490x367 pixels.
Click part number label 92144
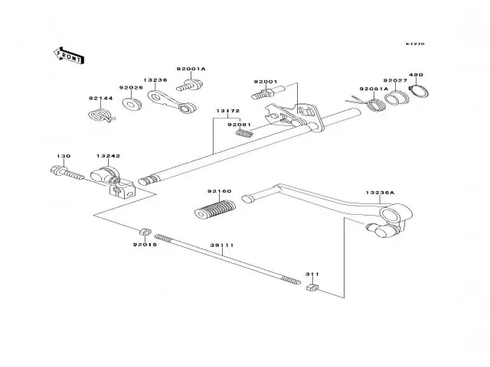(100, 99)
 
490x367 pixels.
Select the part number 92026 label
(130, 87)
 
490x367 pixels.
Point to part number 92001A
(191, 69)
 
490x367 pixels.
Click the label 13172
(227, 110)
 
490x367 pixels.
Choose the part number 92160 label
(218, 191)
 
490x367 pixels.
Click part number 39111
(222, 245)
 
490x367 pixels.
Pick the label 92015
(145, 245)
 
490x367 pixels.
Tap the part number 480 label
(415, 75)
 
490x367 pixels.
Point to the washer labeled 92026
(131, 102)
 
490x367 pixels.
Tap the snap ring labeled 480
(420, 92)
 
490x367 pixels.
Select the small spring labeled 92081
(244, 132)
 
